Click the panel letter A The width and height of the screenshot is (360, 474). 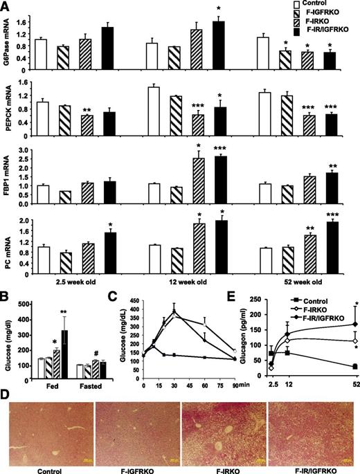click(x=6, y=6)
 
